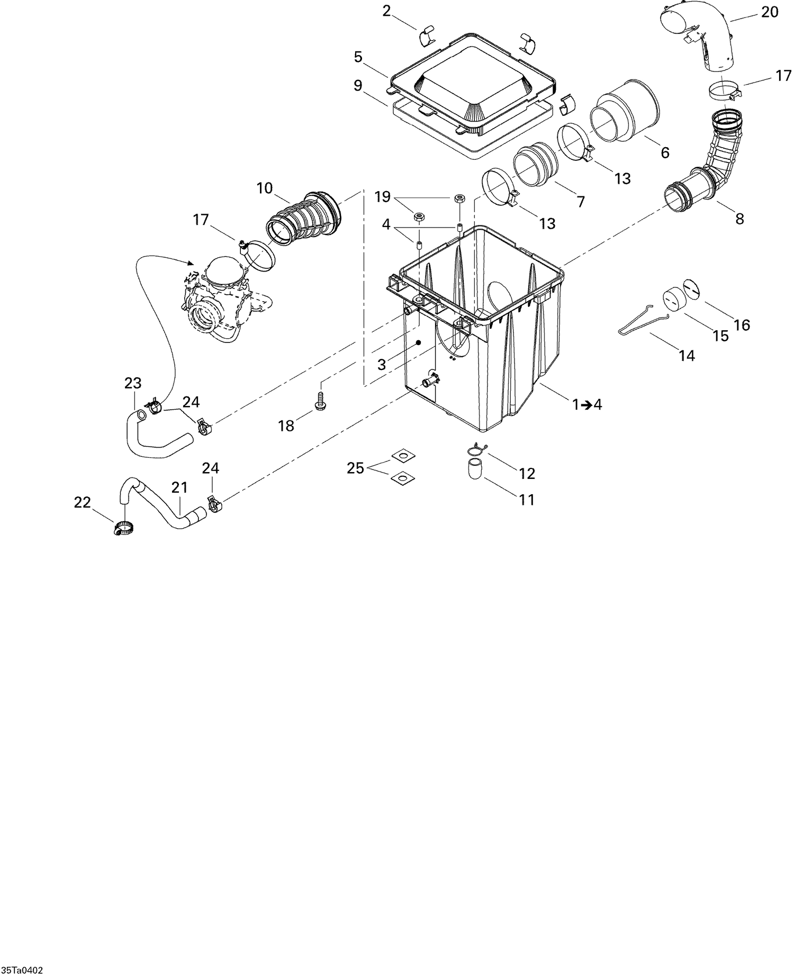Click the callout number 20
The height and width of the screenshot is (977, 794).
tap(770, 12)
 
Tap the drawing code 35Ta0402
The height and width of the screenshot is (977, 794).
tap(22, 971)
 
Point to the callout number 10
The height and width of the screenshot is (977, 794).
tap(264, 188)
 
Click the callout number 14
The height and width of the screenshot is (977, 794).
tap(687, 356)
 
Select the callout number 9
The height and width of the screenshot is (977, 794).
tap(358, 85)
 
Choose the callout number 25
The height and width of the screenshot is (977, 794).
tap(356, 468)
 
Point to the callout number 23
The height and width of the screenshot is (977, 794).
tap(133, 383)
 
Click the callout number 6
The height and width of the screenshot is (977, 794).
tap(665, 153)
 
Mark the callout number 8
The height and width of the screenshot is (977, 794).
tap(739, 218)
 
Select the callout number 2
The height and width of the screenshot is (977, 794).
tap(387, 11)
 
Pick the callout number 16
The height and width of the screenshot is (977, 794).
tap(742, 325)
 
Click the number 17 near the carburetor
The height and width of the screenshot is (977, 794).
tap(201, 220)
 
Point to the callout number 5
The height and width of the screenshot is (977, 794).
tap(358, 57)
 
